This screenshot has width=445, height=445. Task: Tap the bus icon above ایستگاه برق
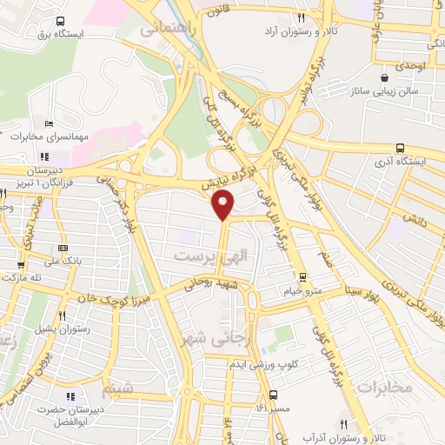click(x=59, y=21)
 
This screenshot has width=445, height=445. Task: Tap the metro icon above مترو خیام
click(x=302, y=277)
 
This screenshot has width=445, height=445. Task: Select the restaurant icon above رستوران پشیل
click(x=62, y=316)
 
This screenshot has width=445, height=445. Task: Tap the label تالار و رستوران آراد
click(x=300, y=30)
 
